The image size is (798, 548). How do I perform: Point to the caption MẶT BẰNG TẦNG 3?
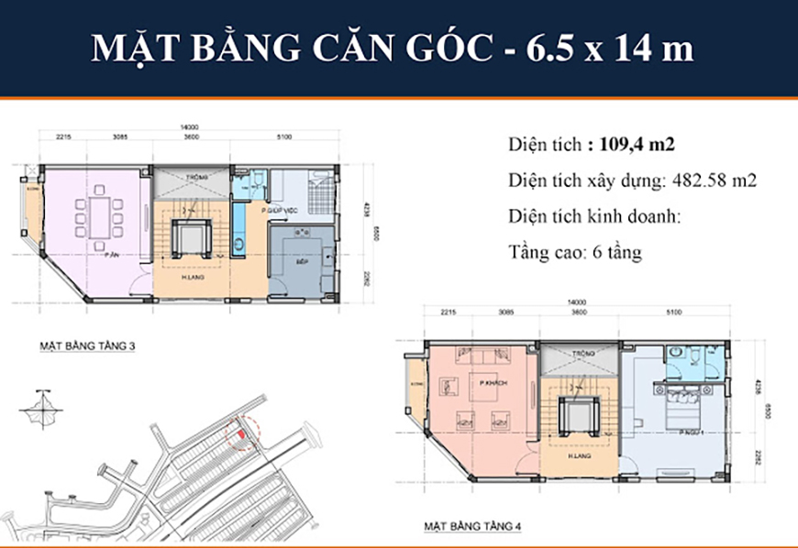[x=87, y=347]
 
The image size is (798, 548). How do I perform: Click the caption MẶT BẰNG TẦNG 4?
[x=472, y=527]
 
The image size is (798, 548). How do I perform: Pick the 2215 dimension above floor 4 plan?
[x=448, y=311]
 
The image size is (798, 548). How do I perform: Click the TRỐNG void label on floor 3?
[x=193, y=177]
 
